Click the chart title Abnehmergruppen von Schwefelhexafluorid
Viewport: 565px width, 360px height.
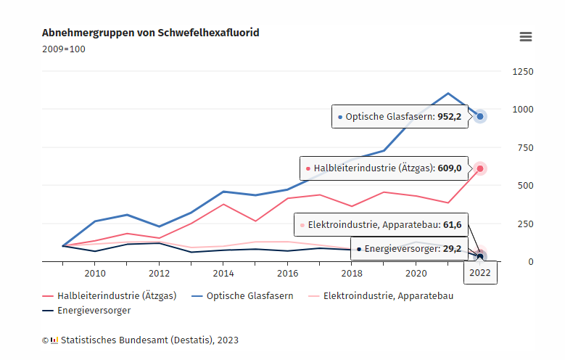150,33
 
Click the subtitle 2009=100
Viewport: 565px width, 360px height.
64,49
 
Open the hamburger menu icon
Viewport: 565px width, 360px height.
526,37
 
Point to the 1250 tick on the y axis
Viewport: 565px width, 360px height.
522,72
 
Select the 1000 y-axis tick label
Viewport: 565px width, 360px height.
522,110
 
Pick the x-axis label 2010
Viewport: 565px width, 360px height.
95,274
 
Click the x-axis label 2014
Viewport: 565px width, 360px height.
223,274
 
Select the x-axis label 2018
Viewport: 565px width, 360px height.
352,274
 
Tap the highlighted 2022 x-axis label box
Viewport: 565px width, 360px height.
480,273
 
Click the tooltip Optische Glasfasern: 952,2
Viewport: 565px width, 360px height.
400,117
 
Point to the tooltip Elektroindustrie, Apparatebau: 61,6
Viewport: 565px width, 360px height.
380,224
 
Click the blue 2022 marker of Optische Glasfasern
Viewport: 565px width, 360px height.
480,116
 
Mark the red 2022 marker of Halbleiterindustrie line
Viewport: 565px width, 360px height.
480,168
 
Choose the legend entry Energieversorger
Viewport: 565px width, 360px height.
86,310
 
